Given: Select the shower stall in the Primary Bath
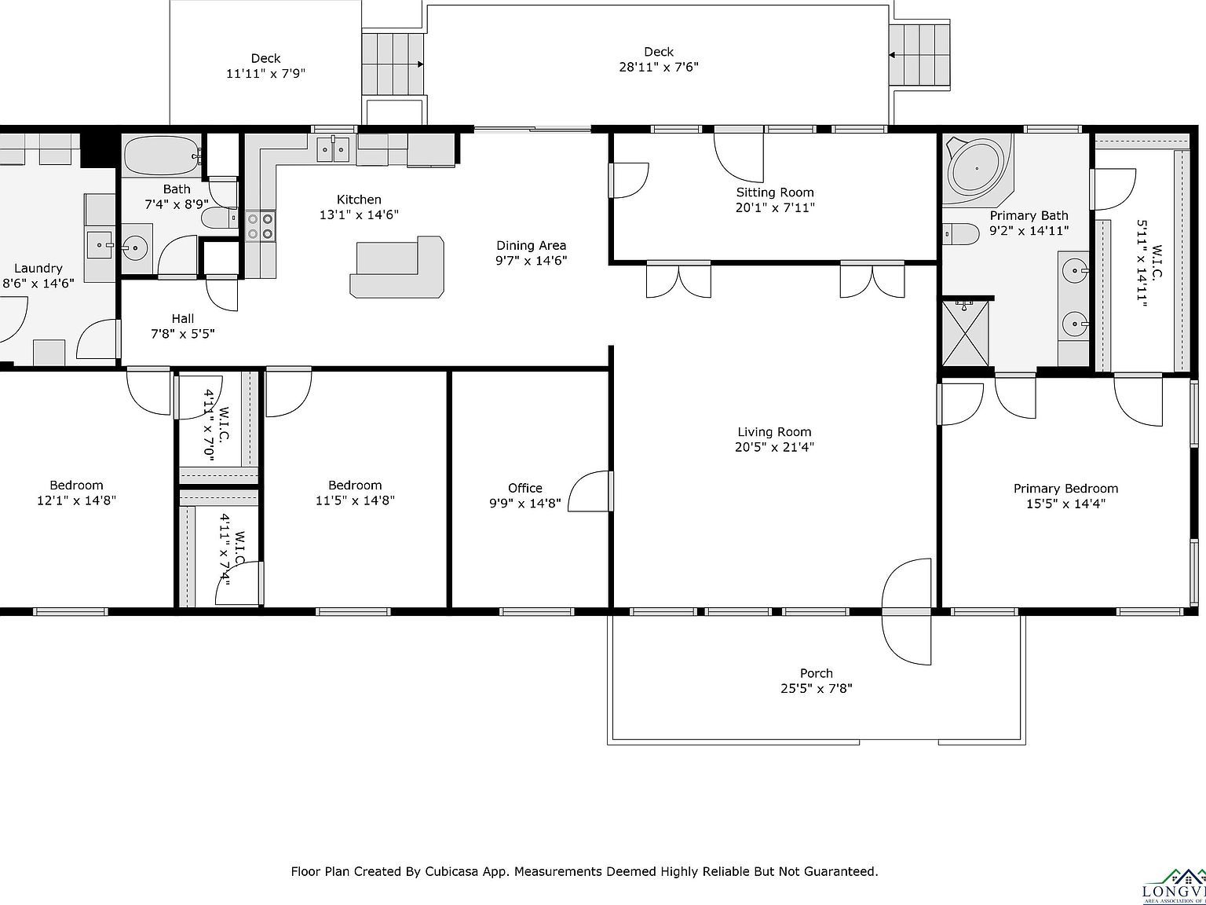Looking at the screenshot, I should (x=965, y=333).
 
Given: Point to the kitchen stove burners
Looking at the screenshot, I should (x=260, y=226).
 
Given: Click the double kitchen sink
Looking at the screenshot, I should (x=334, y=148).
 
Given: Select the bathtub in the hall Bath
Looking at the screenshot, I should (x=162, y=156).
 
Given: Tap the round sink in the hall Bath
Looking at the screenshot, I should (x=135, y=248).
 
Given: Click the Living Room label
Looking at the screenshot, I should (x=774, y=432).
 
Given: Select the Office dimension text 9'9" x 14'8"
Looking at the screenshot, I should (x=524, y=504).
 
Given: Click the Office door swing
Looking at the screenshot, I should (x=589, y=492).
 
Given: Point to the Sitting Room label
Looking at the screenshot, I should (x=775, y=192).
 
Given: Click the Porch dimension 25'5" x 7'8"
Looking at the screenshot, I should (x=816, y=689).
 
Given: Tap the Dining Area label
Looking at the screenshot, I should (x=531, y=246).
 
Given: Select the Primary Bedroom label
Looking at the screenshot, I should (x=1065, y=489).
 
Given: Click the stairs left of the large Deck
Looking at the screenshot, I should (x=393, y=64).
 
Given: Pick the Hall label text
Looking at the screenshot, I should (x=183, y=319).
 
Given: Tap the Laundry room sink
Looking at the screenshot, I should (x=100, y=244).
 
